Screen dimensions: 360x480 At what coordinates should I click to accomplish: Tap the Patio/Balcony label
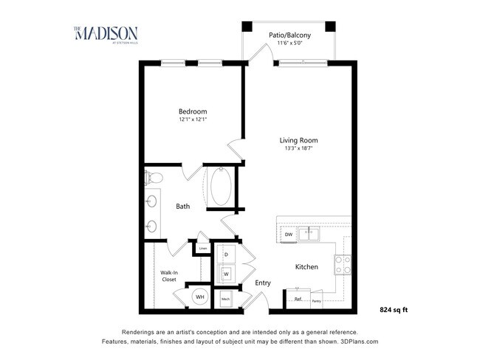(288, 35)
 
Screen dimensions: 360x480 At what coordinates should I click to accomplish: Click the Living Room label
(298, 140)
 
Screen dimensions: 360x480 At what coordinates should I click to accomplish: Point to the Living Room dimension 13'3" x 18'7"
(298, 148)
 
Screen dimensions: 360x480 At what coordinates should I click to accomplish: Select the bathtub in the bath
(221, 187)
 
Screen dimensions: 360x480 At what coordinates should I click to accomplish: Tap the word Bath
(182, 207)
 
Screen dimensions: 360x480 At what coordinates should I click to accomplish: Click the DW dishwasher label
(288, 235)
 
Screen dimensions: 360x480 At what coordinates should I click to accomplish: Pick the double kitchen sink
(311, 235)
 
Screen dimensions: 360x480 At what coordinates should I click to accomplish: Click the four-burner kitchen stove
(343, 264)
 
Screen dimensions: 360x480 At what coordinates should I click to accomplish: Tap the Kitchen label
(306, 266)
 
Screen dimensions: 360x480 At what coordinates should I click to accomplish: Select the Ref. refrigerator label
(298, 300)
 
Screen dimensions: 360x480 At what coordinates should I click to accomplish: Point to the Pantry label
(315, 300)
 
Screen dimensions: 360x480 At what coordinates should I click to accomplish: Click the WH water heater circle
(199, 297)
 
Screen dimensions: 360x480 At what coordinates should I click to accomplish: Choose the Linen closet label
(202, 249)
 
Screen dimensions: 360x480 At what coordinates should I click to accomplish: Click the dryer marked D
(225, 255)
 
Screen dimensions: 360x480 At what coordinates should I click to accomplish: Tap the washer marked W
(225, 274)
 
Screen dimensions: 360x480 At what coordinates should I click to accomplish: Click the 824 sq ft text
(394, 310)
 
